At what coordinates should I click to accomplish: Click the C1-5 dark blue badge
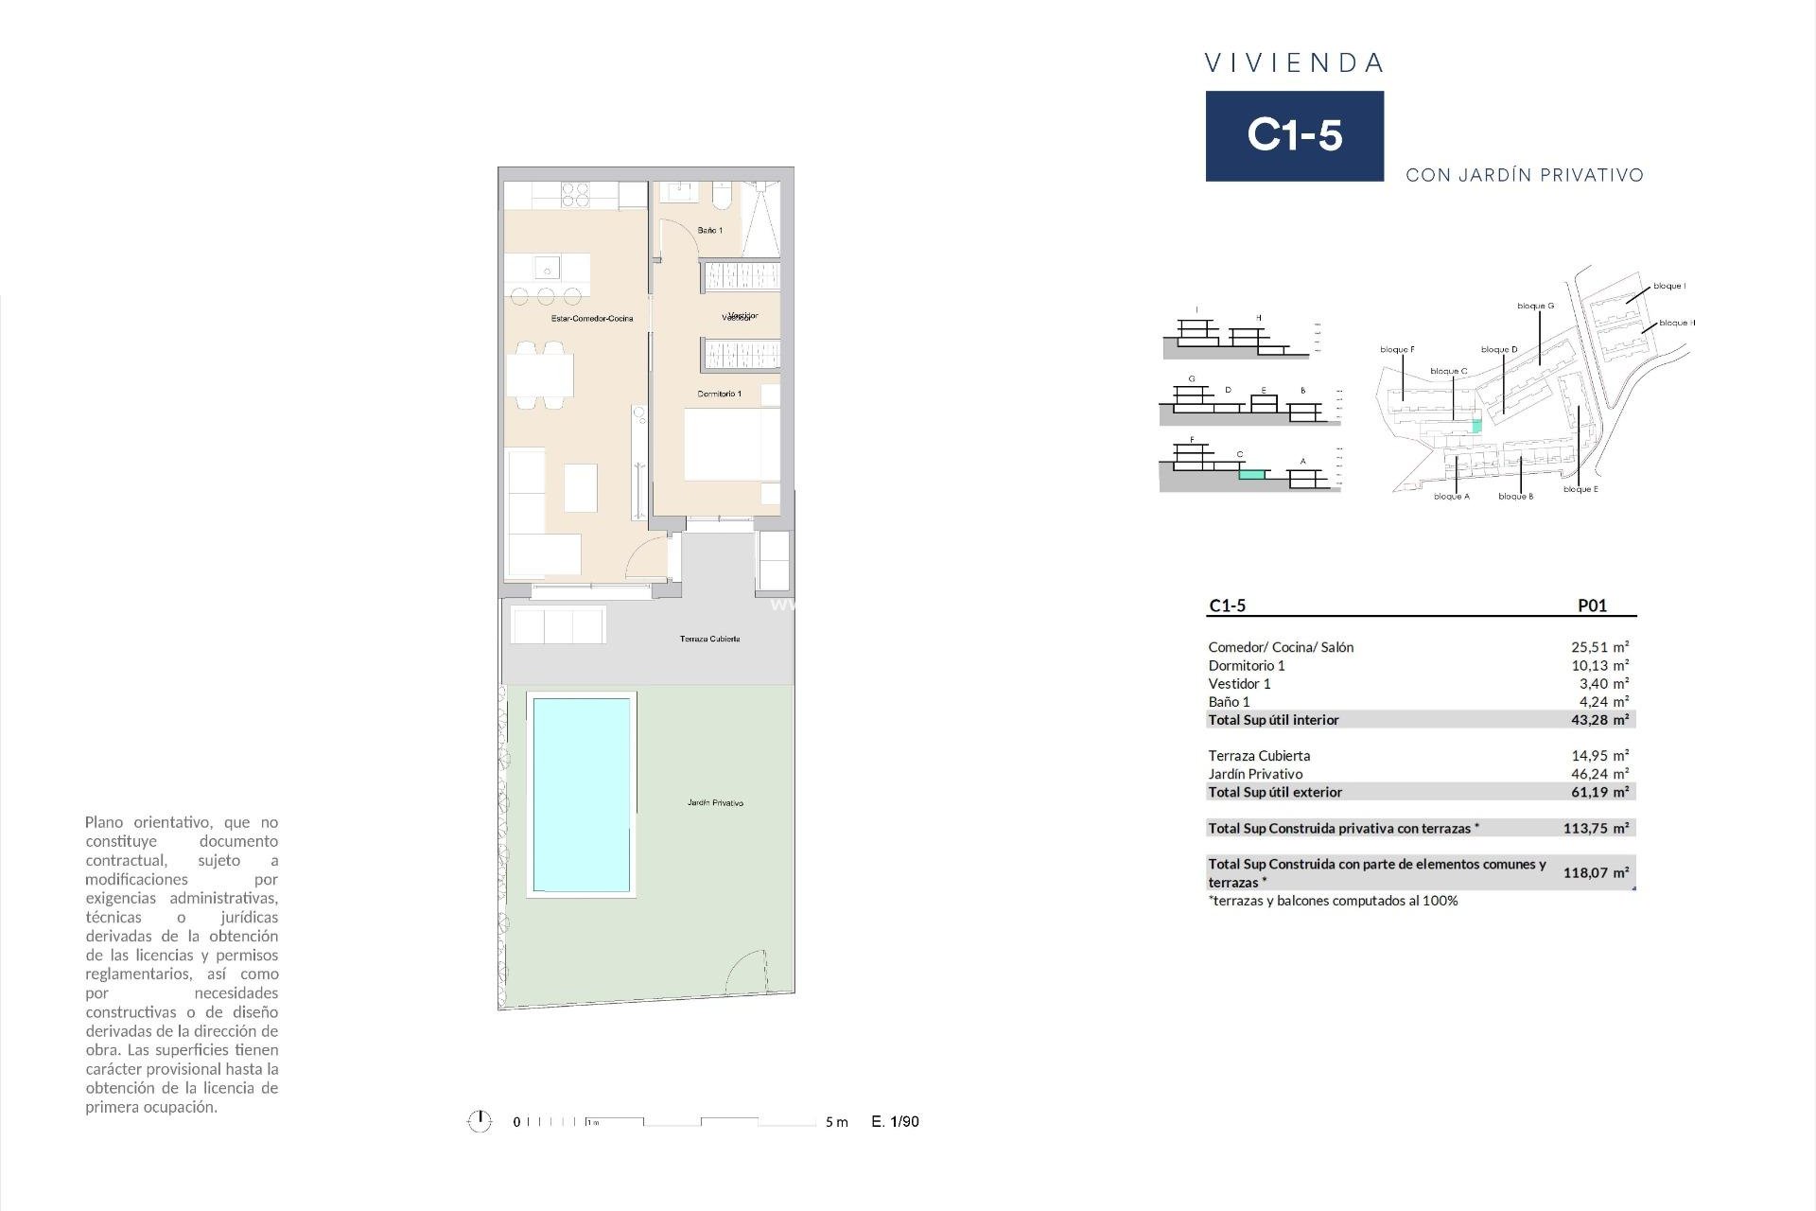[1294, 135]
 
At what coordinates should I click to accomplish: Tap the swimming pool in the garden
[581, 795]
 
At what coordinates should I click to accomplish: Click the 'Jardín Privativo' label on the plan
[715, 803]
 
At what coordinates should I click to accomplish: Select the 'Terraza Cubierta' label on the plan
[709, 640]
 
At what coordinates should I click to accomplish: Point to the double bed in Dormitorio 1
[731, 445]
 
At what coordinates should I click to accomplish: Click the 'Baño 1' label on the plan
[709, 231]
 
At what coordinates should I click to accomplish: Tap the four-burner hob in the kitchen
[576, 195]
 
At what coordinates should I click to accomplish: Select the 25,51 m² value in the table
[1599, 647]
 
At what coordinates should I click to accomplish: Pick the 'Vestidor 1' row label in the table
[1239, 684]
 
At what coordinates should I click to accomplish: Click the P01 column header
[1592, 606]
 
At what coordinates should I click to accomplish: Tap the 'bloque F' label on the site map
[1397, 350]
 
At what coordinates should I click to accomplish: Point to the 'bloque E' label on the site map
[1580, 490]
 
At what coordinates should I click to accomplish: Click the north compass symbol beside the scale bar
[480, 1122]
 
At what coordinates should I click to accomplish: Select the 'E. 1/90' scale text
[895, 1122]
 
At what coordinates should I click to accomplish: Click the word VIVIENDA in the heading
[1294, 63]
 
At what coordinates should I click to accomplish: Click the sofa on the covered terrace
[558, 625]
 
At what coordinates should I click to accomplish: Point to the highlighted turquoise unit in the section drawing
[1252, 475]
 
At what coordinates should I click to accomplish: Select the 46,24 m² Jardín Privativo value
[1599, 774]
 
